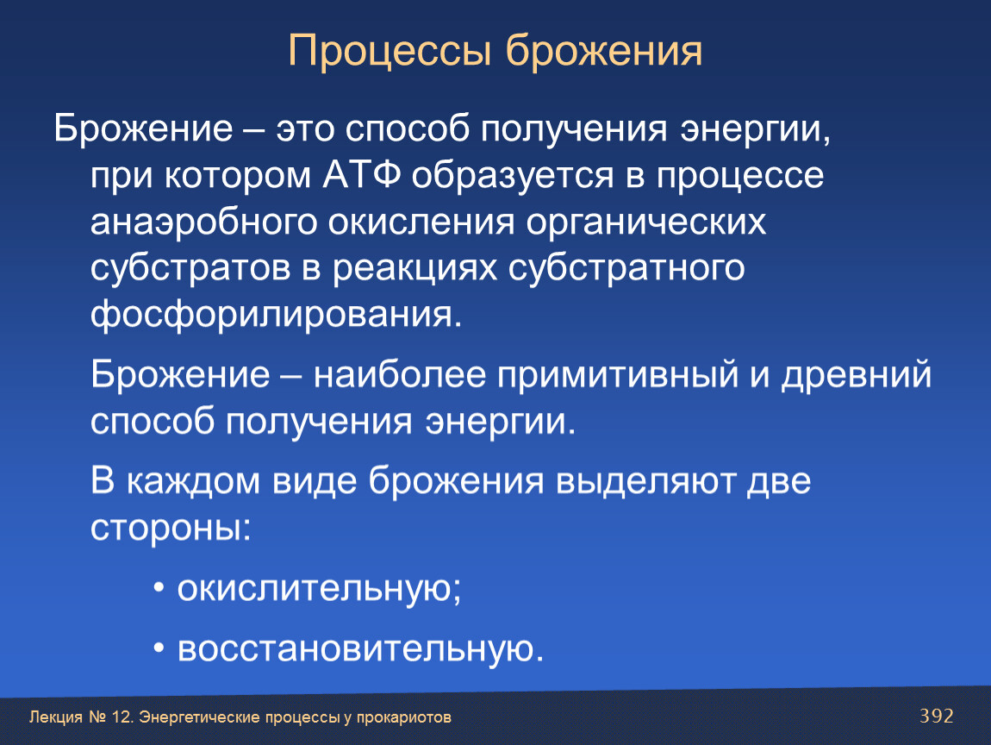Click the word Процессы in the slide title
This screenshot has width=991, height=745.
tap(390, 52)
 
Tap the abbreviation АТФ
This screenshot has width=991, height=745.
tap(362, 175)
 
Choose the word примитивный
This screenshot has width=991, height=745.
tap(618, 375)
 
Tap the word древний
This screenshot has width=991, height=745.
tap(857, 375)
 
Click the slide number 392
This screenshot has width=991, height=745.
tap(937, 716)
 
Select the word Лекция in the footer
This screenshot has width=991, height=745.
tap(56, 717)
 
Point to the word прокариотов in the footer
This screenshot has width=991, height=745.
tap(404, 717)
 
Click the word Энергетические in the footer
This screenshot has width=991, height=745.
tap(199, 717)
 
